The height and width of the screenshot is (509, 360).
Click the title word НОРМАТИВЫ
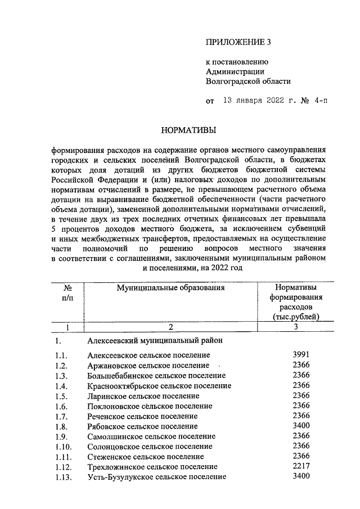click(x=188, y=130)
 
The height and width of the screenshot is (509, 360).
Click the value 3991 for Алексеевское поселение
click(x=301, y=354)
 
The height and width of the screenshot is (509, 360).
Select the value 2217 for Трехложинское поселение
click(x=301, y=466)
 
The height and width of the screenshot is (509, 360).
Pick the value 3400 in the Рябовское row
click(x=301, y=426)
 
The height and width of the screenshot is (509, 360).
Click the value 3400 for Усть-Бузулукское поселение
click(x=301, y=476)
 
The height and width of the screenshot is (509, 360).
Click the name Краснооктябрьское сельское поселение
click(x=159, y=386)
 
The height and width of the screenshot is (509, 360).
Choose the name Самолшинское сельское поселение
click(x=151, y=436)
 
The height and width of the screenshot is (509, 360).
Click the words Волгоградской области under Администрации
click(x=248, y=81)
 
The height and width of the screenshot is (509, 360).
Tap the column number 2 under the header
click(x=170, y=327)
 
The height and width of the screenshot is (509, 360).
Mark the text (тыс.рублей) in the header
click(x=296, y=317)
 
